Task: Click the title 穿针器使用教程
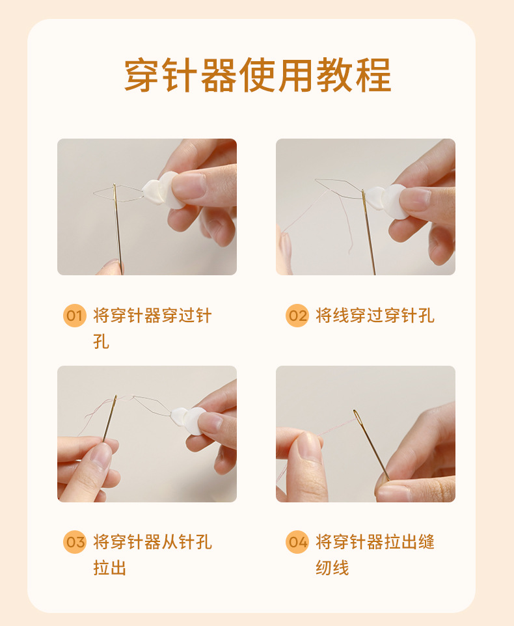click(258, 75)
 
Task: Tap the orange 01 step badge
click(75, 316)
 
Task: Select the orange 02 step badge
click(297, 316)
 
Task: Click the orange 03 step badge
click(75, 542)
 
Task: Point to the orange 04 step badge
click(297, 542)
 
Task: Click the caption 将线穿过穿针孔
click(375, 316)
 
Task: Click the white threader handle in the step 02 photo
click(387, 201)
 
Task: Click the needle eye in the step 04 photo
click(357, 418)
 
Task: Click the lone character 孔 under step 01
click(101, 342)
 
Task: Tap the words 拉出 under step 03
click(110, 567)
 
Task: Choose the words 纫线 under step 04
click(332, 567)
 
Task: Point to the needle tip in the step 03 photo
click(116, 396)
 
